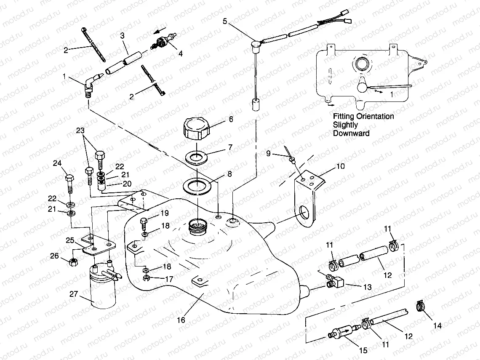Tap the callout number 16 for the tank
181,320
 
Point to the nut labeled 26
72,261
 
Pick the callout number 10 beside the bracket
340,166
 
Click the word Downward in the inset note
351,133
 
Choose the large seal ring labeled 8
196,186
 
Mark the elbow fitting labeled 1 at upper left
90,84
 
